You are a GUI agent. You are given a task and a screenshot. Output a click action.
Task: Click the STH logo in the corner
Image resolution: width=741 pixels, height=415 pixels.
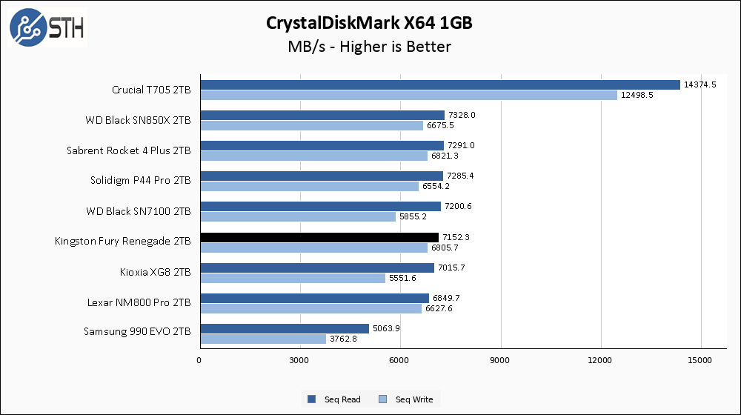[47, 27]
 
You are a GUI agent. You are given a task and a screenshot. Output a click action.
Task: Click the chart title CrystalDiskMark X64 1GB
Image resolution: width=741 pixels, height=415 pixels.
[370, 23]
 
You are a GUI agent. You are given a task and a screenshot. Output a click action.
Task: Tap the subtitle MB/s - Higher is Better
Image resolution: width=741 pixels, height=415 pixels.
[370, 47]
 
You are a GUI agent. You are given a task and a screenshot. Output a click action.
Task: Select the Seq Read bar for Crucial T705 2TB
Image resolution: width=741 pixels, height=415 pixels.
[439, 84]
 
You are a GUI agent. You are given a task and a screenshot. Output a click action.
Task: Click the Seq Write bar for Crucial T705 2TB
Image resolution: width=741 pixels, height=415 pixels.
[408, 95]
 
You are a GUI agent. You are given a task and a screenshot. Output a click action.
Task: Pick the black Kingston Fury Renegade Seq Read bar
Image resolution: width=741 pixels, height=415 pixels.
[319, 237]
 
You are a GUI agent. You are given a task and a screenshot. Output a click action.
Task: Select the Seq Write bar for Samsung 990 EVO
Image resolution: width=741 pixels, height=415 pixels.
[263, 339]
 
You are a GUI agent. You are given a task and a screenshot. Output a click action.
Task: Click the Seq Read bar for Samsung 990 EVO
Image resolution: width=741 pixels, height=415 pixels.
[285, 328]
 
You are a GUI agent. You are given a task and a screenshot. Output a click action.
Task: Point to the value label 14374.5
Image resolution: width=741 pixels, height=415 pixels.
[700, 84]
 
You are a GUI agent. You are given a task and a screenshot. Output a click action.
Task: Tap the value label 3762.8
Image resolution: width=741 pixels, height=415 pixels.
[345, 339]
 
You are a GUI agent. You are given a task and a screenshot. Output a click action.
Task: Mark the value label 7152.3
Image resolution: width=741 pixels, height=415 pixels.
[457, 237]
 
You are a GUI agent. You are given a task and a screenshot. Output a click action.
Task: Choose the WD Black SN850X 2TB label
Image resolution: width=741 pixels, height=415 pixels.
[139, 119]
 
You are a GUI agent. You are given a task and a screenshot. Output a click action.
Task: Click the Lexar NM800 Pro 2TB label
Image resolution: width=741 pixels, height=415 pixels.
[139, 303]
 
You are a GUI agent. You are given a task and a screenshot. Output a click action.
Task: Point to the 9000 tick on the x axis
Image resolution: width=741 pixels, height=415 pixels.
[501, 360]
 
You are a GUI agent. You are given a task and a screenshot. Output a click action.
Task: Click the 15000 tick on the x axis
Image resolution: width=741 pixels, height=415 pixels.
[701, 360]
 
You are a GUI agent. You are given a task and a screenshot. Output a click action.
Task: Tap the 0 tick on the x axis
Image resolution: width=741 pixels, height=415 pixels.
[199, 360]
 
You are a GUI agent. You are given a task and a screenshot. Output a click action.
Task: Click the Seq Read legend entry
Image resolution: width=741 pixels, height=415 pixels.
[335, 399]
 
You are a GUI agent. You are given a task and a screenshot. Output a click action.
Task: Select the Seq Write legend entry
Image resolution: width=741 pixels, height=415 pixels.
[407, 399]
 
